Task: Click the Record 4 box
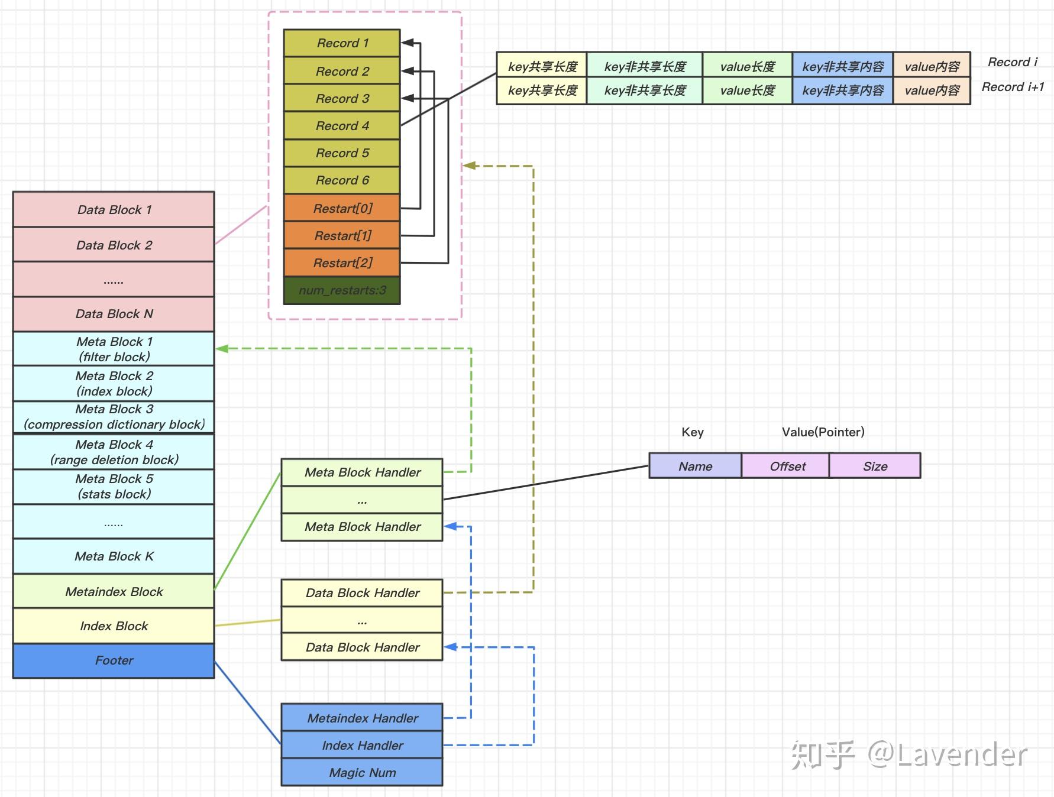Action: coord(342,125)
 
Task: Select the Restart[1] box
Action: coord(342,235)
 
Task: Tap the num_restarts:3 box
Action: coord(342,290)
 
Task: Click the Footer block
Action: coord(114,660)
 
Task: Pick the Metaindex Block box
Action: coord(114,591)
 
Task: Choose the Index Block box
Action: coord(114,626)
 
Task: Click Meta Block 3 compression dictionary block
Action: coord(114,417)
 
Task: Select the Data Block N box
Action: coord(114,314)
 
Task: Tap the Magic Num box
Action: coord(362,772)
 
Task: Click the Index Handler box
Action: coord(362,745)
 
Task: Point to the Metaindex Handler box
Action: coord(362,718)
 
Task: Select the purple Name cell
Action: coord(695,466)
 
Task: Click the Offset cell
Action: coord(787,466)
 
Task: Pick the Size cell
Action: coord(875,466)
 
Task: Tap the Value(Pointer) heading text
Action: coord(823,432)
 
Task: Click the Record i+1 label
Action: coord(1012,87)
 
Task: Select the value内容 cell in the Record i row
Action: coord(932,66)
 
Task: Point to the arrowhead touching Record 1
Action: coord(408,43)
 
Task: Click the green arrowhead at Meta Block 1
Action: coord(222,348)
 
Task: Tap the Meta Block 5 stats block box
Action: coord(114,487)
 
